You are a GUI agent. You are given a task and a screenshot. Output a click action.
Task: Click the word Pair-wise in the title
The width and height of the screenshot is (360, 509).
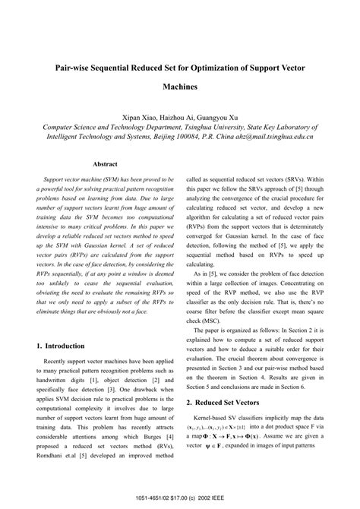tap(77, 68)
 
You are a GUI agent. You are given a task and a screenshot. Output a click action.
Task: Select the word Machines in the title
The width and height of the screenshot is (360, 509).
tap(179, 87)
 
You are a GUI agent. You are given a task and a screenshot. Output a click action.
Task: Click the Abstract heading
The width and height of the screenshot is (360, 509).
tap(105, 163)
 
